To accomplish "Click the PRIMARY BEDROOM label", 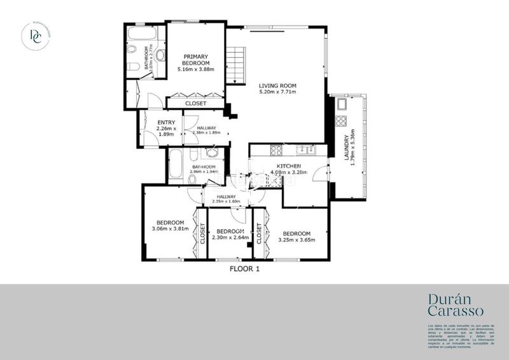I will click(x=195, y=60).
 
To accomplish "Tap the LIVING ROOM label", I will click(x=278, y=85).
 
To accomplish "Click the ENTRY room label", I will click(x=166, y=123).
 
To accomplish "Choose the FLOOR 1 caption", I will click(x=244, y=269).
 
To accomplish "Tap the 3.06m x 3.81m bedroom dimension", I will click(x=171, y=229).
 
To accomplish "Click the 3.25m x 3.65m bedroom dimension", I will click(x=297, y=240).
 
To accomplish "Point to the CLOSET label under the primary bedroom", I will click(x=195, y=103).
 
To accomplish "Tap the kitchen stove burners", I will click(x=277, y=151).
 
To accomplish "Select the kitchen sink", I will click(x=304, y=151).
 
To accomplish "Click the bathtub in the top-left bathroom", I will click(x=146, y=33).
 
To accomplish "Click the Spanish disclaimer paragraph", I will click(x=460, y=336).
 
